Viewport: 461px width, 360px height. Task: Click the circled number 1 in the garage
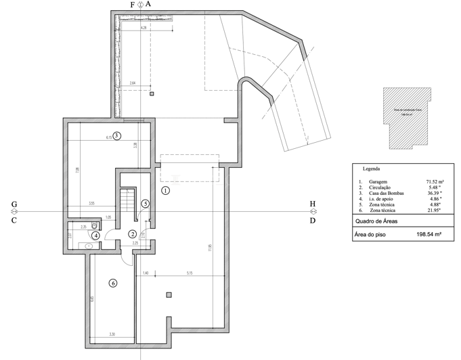166,191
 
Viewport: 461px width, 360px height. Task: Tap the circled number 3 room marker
116,135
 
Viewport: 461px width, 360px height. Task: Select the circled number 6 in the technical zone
112,283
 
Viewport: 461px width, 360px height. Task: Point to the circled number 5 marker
145,203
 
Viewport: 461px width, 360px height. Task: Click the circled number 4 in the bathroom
97,235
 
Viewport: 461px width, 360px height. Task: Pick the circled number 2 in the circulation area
133,234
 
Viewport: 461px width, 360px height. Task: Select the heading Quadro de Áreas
376,221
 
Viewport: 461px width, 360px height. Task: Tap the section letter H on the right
312,204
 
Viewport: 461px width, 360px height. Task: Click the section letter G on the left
14,204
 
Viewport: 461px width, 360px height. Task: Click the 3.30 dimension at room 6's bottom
112,334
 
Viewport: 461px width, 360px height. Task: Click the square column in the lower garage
169,294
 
